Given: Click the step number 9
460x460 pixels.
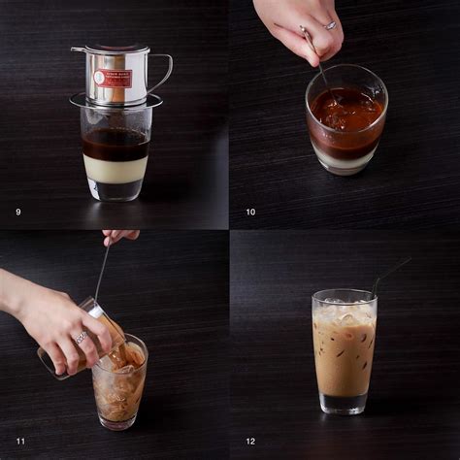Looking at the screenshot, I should [18, 212].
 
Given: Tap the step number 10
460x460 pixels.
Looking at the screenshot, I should [250, 212].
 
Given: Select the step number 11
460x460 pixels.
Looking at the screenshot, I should [20, 442].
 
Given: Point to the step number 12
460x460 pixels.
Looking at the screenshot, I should [250, 442].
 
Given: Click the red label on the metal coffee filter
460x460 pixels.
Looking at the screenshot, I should [113, 78].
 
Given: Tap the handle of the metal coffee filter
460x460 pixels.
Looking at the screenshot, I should [162, 73].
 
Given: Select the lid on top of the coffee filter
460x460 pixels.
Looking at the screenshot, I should [111, 49].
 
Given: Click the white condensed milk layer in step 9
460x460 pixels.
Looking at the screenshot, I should [115, 169].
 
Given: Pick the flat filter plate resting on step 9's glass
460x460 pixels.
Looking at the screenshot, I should [115, 101].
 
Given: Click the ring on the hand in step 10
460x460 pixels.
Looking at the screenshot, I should [331, 26].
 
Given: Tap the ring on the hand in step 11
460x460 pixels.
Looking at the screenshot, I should [82, 337].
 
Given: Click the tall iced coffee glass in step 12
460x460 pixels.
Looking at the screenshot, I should [345, 354].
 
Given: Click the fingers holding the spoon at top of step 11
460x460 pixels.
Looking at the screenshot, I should [118, 235].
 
